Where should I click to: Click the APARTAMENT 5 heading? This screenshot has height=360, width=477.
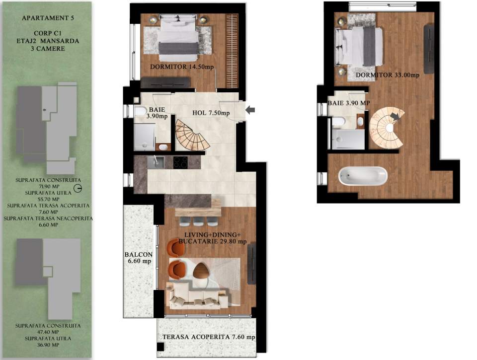[46, 18]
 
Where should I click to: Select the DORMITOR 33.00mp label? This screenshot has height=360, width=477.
[388, 75]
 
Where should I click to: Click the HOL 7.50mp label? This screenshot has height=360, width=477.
[211, 113]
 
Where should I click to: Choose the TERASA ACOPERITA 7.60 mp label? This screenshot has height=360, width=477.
[209, 338]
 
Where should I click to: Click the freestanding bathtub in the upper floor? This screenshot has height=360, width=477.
[362, 175]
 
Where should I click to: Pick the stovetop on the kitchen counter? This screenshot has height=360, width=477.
[180, 162]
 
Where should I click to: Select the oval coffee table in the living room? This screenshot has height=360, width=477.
[201, 271]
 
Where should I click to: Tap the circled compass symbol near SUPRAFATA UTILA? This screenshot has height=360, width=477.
[77, 188]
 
